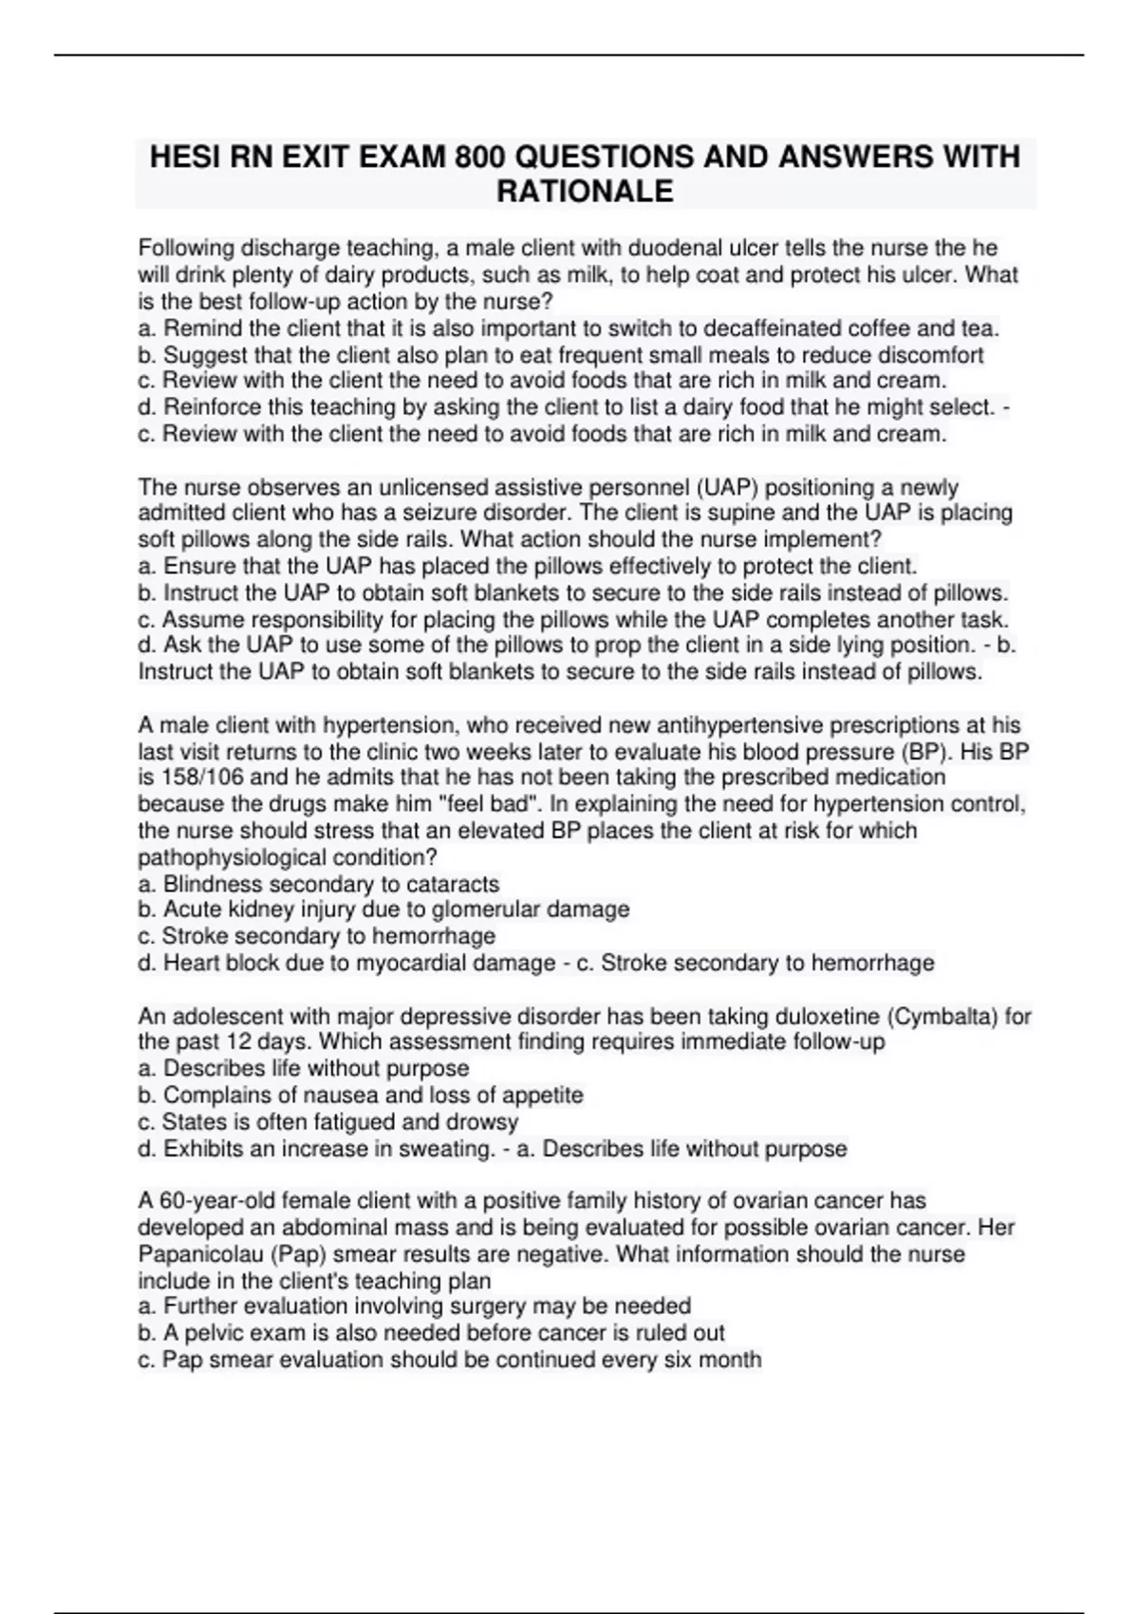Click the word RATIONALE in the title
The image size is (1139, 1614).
[x=585, y=191]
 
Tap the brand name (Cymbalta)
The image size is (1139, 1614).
[x=944, y=1016]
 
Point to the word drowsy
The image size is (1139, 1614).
[x=483, y=1121]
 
